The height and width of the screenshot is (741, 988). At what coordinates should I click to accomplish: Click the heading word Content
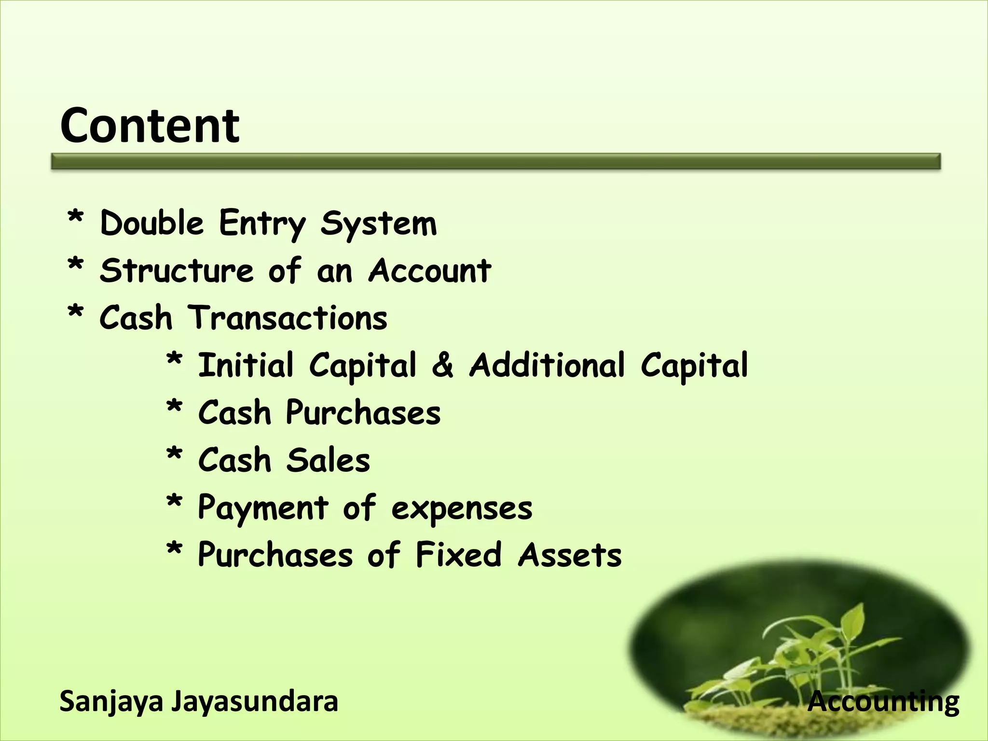click(150, 126)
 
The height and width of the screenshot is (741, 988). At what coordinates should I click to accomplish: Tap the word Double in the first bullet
click(151, 223)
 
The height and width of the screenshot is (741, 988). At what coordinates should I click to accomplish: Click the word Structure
click(177, 270)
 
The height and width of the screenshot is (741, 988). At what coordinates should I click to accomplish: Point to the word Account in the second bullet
click(429, 270)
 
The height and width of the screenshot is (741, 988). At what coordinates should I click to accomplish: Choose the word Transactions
click(288, 318)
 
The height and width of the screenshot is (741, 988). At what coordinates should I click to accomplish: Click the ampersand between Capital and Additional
click(442, 365)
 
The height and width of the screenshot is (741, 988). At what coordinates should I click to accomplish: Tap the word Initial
click(246, 365)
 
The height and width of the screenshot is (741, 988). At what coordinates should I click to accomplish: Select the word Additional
click(547, 365)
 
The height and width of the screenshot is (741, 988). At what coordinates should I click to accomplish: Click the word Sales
click(328, 460)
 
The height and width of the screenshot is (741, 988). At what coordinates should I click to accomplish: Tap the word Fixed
click(458, 554)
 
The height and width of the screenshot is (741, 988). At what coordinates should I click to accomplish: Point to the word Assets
click(570, 554)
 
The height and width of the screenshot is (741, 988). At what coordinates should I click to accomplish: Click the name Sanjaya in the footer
click(111, 702)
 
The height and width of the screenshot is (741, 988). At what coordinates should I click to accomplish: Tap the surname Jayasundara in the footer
click(255, 701)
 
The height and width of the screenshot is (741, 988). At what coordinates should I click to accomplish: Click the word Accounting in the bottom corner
click(883, 702)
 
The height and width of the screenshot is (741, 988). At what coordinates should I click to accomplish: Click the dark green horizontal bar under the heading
click(496, 161)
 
